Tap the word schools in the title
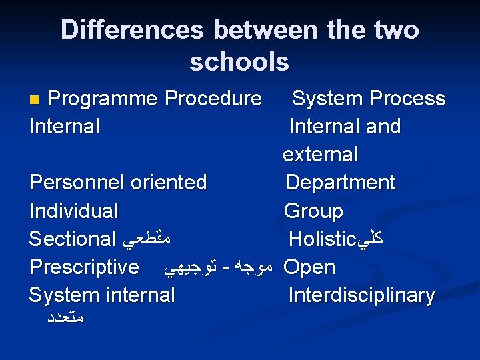[239, 62]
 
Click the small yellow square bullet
[37, 99]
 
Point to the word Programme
[103, 99]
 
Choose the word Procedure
[213, 99]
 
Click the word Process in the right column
[407, 99]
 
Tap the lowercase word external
[321, 155]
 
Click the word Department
[340, 183]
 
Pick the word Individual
[74, 211]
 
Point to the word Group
[313, 211]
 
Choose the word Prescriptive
[84, 267]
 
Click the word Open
[309, 267]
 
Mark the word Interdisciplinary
[361, 295]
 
